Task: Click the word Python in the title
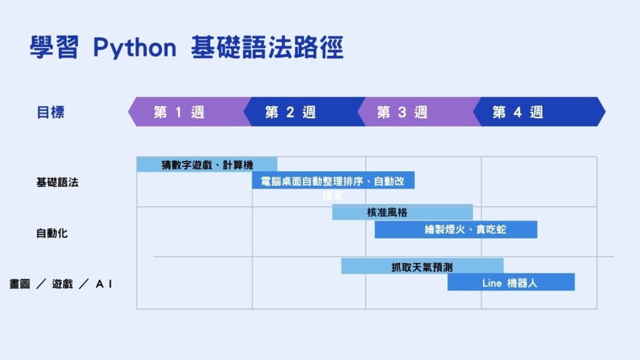click(x=135, y=48)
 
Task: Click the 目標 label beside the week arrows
click(x=51, y=112)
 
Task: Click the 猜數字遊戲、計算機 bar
click(x=207, y=164)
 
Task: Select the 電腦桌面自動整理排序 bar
click(x=333, y=181)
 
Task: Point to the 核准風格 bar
click(x=402, y=212)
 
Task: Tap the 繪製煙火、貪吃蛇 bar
click(x=456, y=229)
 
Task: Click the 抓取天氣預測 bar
click(x=422, y=267)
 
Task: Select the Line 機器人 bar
click(x=511, y=282)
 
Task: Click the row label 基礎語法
click(x=57, y=182)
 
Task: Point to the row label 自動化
click(x=52, y=233)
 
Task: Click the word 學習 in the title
click(x=54, y=48)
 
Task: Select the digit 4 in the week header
click(x=517, y=112)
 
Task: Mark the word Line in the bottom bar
click(x=492, y=283)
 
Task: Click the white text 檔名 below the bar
click(x=332, y=196)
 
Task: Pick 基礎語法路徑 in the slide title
click(x=267, y=48)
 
